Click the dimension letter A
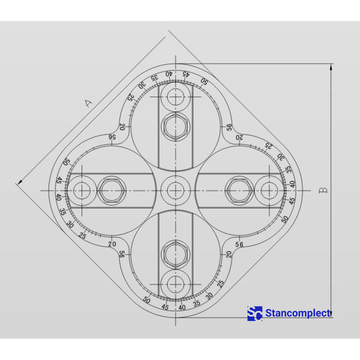click(88, 103)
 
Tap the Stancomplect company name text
click(298, 313)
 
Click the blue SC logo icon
click(255, 313)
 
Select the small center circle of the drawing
click(175, 190)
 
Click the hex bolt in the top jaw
click(175, 127)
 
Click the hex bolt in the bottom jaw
click(175, 254)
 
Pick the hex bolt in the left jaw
click(112, 190)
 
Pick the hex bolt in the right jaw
click(239, 190)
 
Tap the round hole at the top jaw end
click(175, 97)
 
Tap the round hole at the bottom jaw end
click(175, 284)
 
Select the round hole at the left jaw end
click(82, 190)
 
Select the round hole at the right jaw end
click(269, 190)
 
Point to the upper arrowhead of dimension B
click(331, 67)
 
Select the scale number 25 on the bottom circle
click(220, 283)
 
